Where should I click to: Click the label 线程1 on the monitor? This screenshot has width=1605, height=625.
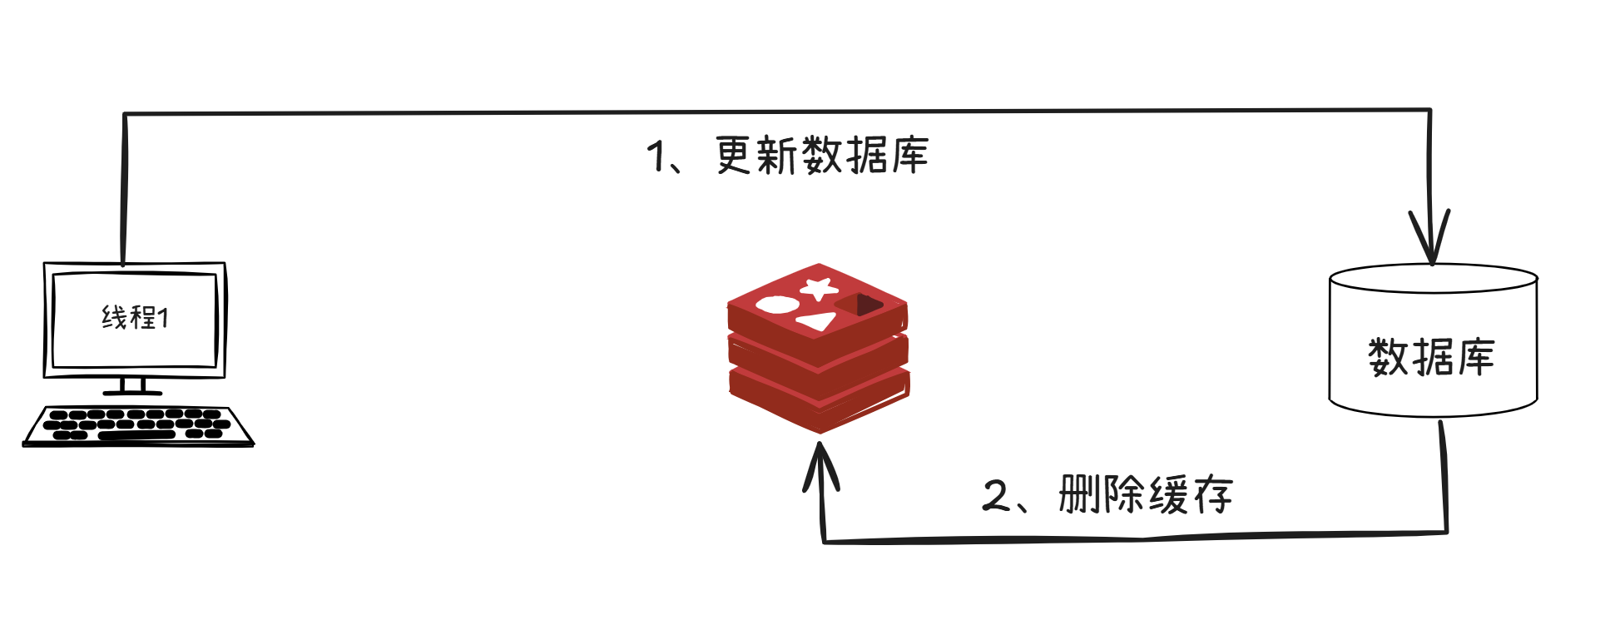click(135, 317)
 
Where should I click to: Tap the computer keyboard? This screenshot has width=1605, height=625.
click(138, 424)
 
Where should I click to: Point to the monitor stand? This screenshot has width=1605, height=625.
click(132, 386)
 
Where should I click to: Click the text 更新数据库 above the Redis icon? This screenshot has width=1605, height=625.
click(821, 156)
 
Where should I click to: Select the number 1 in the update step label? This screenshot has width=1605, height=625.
click(657, 156)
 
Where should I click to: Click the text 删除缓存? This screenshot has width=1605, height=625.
click(1145, 495)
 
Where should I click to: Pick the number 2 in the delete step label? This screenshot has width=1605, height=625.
click(995, 495)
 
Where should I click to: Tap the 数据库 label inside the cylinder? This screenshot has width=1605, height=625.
click(1431, 357)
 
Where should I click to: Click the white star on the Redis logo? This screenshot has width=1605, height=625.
click(819, 289)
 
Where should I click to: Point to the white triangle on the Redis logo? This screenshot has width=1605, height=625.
click(817, 321)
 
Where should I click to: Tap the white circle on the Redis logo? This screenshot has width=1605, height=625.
click(776, 305)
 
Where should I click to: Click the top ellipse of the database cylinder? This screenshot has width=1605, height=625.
click(1432, 278)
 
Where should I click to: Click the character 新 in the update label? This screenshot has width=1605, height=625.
click(776, 156)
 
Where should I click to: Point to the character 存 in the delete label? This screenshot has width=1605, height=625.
click(1212, 495)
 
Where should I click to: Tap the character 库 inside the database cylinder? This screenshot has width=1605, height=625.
click(1475, 357)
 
